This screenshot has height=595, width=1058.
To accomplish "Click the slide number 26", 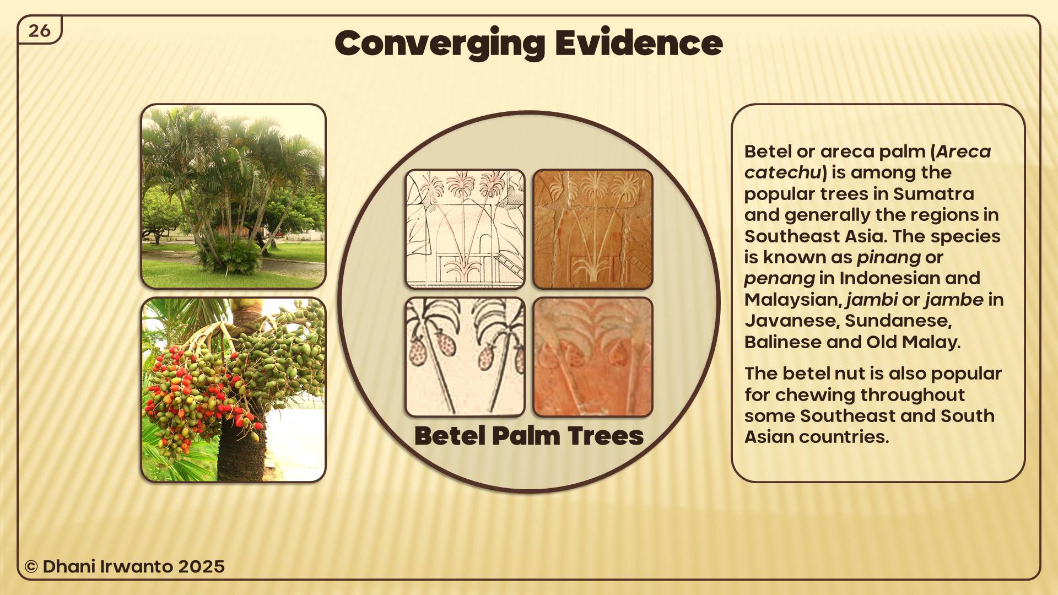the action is tap(40, 31).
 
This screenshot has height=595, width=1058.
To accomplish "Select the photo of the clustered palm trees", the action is tap(234, 196).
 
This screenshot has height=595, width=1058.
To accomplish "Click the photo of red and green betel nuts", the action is tap(234, 390).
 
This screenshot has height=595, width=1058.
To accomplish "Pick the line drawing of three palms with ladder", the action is tap(465, 229).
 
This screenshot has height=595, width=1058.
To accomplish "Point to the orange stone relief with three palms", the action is tap(593, 229).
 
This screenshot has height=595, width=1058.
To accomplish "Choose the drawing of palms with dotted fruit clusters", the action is tap(465, 357).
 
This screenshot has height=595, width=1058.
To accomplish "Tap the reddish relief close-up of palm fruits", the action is tap(593, 357).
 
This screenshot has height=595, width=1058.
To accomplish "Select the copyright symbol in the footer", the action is tap(31, 567).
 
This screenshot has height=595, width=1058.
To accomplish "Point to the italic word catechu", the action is tap(782, 172).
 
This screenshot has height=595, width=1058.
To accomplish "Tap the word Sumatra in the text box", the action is tap(933, 194).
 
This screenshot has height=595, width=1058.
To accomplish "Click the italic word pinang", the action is tap(888, 258).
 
